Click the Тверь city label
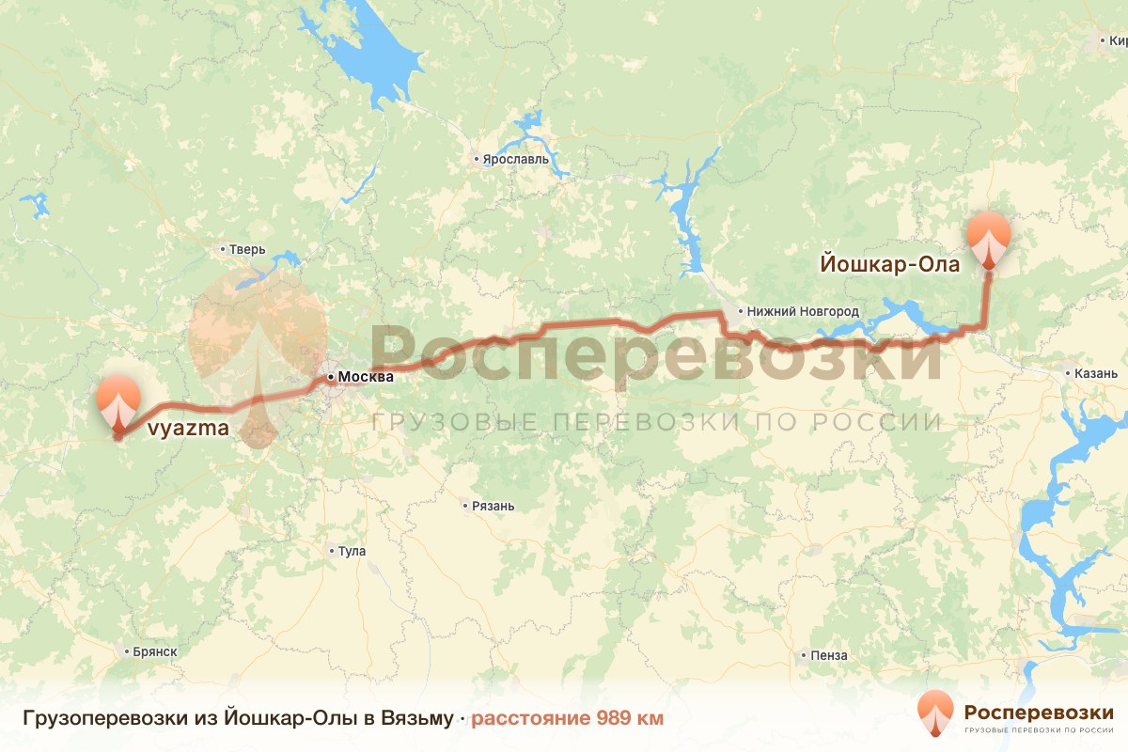[248, 250]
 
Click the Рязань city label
[493, 506]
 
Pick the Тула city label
[352, 551]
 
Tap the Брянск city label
[155, 651]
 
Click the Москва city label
[364, 377]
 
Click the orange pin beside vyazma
[118, 401]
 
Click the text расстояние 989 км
[567, 719]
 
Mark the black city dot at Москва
[330, 377]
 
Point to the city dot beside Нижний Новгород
[741, 311]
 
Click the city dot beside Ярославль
[477, 160]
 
